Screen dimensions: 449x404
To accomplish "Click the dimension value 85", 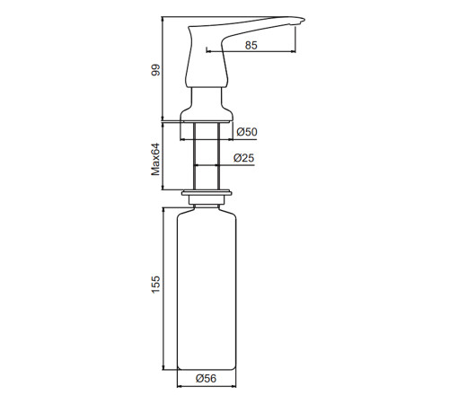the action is pos(251,45).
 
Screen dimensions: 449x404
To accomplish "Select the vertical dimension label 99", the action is pos(155,70).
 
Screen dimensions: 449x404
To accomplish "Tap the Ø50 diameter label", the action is pos(247,132).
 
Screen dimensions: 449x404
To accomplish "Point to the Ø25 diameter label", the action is pos(243,158).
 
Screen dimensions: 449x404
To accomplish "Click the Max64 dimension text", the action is pos(155,159).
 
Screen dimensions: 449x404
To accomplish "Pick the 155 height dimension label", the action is pos(155,285).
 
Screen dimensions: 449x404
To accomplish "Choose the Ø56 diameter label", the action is pos(206,378).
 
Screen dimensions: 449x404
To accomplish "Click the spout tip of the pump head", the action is pos(303,20).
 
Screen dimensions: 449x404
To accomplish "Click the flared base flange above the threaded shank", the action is pos(207,116).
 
